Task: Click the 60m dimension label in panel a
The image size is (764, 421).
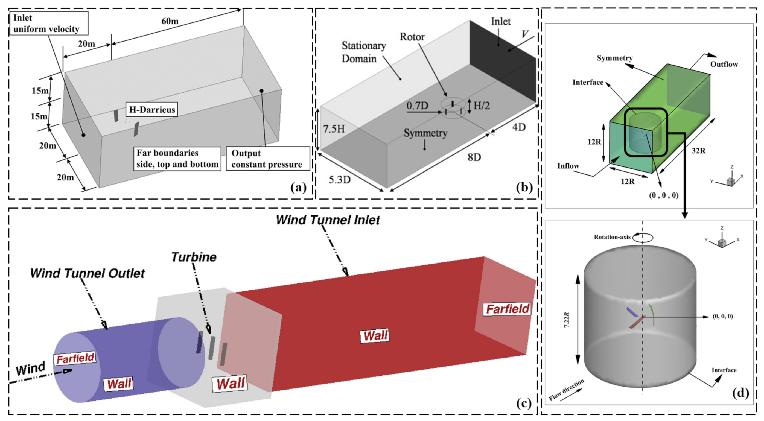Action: [170, 21]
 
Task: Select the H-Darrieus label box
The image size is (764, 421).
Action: [152, 110]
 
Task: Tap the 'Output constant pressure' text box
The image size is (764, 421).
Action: [267, 159]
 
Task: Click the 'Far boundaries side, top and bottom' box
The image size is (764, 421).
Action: [177, 159]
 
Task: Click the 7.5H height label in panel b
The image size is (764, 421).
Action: [334, 129]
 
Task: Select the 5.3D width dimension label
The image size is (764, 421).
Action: [339, 179]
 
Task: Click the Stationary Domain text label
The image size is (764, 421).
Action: [363, 52]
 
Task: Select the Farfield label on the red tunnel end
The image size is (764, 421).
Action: [508, 309]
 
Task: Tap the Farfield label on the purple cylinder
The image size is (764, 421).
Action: [75, 359]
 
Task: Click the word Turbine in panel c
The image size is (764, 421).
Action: [194, 257]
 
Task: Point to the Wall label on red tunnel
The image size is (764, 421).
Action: [375, 336]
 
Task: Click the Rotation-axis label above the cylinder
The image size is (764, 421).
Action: [612, 237]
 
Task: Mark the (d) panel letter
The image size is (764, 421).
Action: [740, 393]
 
